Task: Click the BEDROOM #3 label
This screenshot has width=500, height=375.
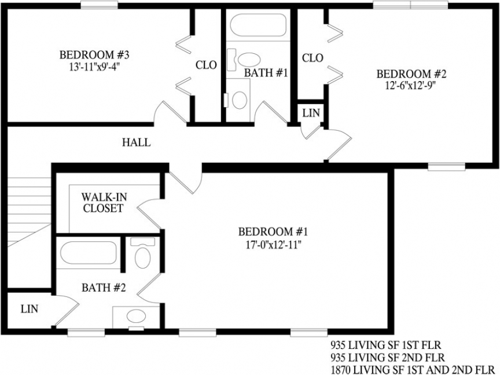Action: [x=94, y=55]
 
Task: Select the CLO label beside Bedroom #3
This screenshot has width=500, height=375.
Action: [x=206, y=65]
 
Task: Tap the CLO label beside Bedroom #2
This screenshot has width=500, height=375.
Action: [x=312, y=58]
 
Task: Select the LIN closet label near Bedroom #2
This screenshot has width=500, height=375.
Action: [x=311, y=113]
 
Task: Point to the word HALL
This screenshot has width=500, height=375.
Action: [x=137, y=142]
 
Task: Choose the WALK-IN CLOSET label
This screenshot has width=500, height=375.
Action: [x=103, y=203]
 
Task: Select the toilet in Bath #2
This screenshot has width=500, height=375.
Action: [x=142, y=255]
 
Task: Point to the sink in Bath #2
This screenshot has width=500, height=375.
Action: [x=137, y=316]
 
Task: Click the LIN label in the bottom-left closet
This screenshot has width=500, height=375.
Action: [x=30, y=309]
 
